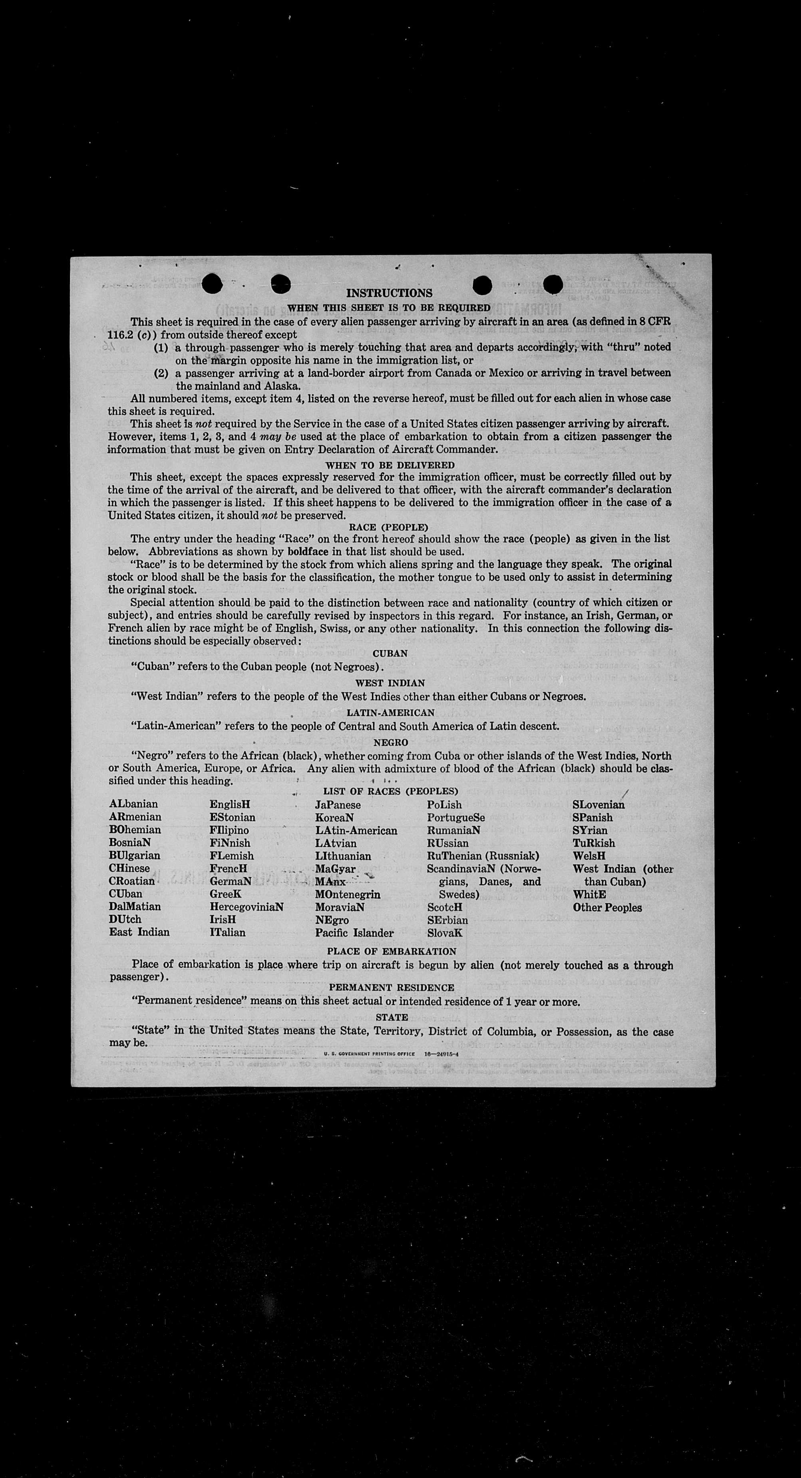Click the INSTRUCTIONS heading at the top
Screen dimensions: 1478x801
(x=390, y=293)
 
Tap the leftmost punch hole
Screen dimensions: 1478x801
(x=212, y=282)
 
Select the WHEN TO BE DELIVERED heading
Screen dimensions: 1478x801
(x=390, y=465)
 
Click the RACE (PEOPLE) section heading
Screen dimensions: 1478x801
(x=389, y=527)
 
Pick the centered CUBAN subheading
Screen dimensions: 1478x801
(x=390, y=653)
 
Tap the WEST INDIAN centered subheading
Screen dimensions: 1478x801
(x=390, y=683)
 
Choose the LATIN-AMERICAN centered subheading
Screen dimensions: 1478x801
(x=390, y=713)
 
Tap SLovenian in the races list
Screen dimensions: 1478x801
(x=598, y=805)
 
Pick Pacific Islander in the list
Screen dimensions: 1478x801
(x=354, y=933)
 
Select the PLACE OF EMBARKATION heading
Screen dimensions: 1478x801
(x=392, y=951)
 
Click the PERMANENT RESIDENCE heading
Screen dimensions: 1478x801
(x=392, y=988)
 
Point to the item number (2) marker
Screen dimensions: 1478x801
(x=161, y=373)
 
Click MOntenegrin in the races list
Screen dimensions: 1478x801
(x=348, y=894)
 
